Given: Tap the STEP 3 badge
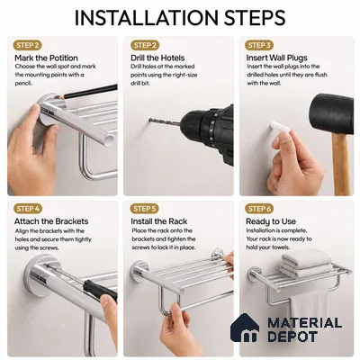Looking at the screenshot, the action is [259, 45].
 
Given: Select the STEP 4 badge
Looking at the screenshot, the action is [28, 209].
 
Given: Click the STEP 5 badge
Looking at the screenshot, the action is [145, 209].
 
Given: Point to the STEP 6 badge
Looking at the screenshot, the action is [259, 209].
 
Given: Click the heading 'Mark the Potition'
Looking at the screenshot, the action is [46, 58].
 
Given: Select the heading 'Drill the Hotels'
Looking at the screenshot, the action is [157, 58].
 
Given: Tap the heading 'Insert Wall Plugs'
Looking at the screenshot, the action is [276, 58].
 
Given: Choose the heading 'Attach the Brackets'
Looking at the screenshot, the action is [51, 221].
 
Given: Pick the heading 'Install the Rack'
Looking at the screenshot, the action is [159, 221].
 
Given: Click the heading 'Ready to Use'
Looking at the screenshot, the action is [271, 221].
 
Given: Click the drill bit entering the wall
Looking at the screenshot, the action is [164, 121].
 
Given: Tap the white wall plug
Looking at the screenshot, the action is [280, 127].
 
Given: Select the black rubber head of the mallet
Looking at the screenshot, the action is [333, 114].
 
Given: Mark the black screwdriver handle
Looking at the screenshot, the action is [100, 289].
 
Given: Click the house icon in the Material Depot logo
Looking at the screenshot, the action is [245, 328].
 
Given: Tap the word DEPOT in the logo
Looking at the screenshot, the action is [292, 336].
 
